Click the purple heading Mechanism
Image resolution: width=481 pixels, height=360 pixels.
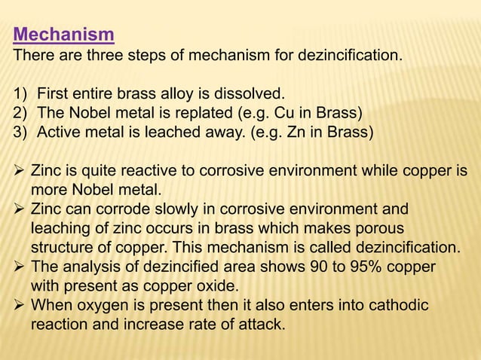point(64,35)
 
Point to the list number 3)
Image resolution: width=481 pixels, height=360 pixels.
point(21,131)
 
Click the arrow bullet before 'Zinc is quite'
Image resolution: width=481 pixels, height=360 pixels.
point(20,170)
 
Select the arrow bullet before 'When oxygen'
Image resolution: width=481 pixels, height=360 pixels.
point(20,305)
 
